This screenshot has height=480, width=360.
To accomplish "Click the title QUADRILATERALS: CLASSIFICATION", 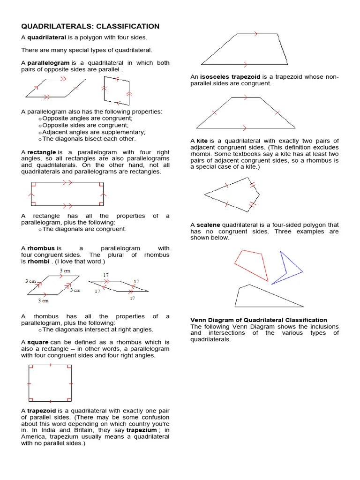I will click(x=90, y=26).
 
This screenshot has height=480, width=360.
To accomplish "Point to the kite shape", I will click(x=232, y=195).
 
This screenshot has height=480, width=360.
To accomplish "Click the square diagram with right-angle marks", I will click(x=50, y=383).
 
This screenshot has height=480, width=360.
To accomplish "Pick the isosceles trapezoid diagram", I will click(x=246, y=113).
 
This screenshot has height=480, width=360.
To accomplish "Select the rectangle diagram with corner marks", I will click(x=67, y=194).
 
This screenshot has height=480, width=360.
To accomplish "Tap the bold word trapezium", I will click(x=142, y=430).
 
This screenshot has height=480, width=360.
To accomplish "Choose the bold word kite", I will click(x=202, y=141).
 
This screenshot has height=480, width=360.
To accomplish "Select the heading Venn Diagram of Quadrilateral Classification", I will click(x=259, y=320).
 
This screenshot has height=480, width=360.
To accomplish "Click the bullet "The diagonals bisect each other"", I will click(x=89, y=139).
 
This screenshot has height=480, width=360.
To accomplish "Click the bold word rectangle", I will click(x=42, y=152).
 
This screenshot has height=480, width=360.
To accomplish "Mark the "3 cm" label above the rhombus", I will click(x=65, y=271).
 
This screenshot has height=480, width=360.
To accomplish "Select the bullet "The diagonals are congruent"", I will click(x=84, y=229).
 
